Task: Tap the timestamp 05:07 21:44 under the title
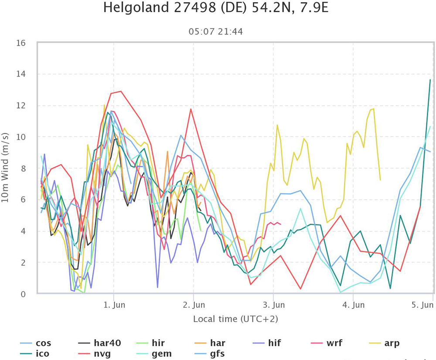point(215,31)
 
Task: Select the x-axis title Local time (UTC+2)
point(235,319)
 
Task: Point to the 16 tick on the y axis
point(21,43)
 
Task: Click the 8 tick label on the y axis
point(23,168)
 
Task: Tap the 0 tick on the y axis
point(23,294)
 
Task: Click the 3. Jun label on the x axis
point(273,304)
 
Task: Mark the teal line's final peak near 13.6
point(430,80)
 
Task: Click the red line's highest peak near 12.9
point(121,91)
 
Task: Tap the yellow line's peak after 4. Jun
point(374,109)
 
